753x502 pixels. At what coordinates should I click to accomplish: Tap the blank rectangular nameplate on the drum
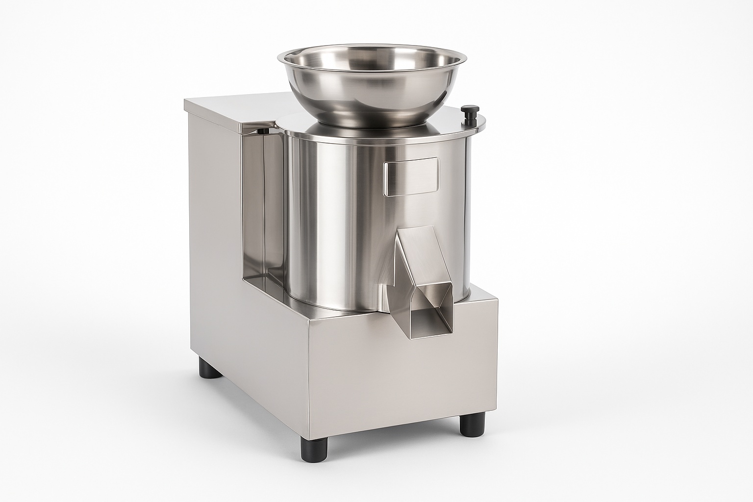click(x=411, y=177)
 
